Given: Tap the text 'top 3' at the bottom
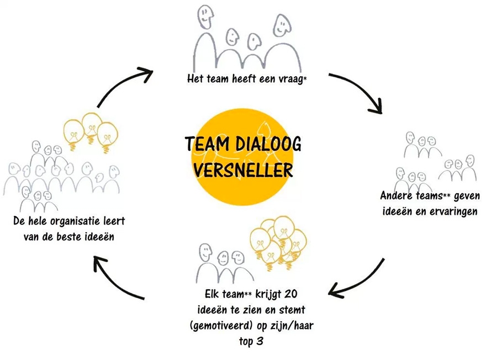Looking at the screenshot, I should click(x=251, y=341).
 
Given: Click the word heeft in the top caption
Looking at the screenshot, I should click(x=231, y=79).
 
